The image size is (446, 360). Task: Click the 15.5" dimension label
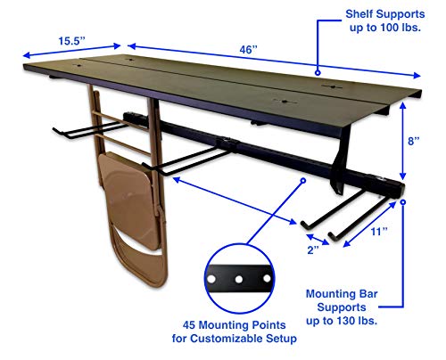71,41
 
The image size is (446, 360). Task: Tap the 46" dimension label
248,50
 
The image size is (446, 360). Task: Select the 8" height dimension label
413,141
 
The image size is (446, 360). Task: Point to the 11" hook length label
379,232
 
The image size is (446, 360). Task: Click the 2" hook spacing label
313,250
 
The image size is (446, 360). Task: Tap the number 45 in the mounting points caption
189,325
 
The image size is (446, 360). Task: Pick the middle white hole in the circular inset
239,280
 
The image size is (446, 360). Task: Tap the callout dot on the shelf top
318,72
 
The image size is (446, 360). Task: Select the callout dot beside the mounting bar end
403,202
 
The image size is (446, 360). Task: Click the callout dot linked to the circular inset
303,181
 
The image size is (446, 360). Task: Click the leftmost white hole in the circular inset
211,279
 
